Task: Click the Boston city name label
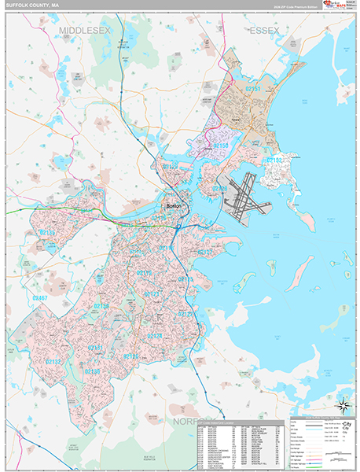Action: click(x=173, y=206)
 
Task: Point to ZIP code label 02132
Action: click(x=53, y=361)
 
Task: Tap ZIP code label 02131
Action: click(x=96, y=347)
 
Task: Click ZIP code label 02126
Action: click(x=131, y=356)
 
